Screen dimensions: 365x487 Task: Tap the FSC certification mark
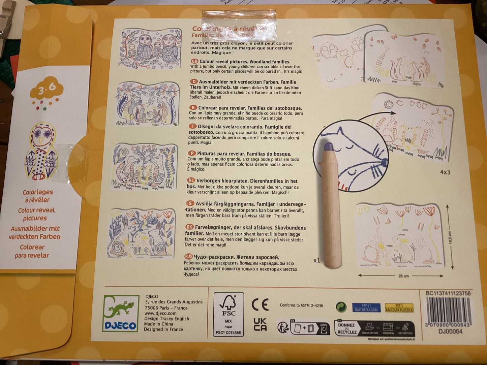pos(229,314)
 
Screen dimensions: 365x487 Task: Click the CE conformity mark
pos(260,304)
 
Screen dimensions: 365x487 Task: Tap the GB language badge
pos(194,62)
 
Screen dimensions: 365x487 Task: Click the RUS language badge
pos(189,257)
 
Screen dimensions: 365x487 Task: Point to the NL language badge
pos(191,181)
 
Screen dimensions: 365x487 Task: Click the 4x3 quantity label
pos(445,172)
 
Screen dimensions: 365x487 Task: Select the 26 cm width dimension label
pos(403,276)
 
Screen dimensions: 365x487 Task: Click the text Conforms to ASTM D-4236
pos(301,305)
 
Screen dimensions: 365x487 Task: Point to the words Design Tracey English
pos(166,319)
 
